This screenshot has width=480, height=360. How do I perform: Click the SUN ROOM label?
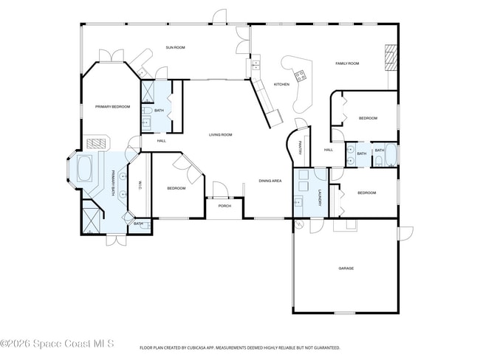[175, 48]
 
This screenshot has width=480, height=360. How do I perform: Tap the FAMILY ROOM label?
[347, 64]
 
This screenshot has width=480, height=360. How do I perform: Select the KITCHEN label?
[281, 84]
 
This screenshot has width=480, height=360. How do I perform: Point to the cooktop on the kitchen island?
[301, 75]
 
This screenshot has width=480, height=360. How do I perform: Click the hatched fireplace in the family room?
[390, 58]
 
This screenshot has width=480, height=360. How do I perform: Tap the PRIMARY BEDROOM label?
[112, 107]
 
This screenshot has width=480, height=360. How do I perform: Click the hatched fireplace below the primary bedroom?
[96, 144]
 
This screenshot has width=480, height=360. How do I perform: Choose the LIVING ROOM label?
[220, 134]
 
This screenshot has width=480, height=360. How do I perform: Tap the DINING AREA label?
[270, 181]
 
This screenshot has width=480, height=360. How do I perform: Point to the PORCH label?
[224, 206]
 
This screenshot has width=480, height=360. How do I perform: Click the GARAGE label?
[346, 268]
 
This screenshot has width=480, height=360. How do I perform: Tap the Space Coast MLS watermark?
[58, 344]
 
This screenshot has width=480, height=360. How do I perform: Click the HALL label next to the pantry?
[329, 150]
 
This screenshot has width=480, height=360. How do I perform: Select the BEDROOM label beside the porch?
[176, 188]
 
